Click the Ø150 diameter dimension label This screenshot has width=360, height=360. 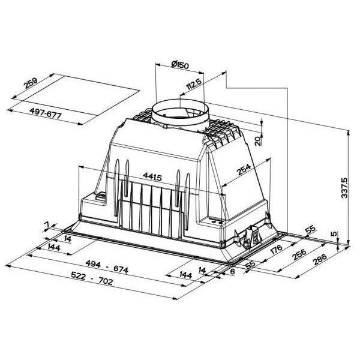179,65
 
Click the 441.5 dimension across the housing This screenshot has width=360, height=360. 152,176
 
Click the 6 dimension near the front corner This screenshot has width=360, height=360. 232,270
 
